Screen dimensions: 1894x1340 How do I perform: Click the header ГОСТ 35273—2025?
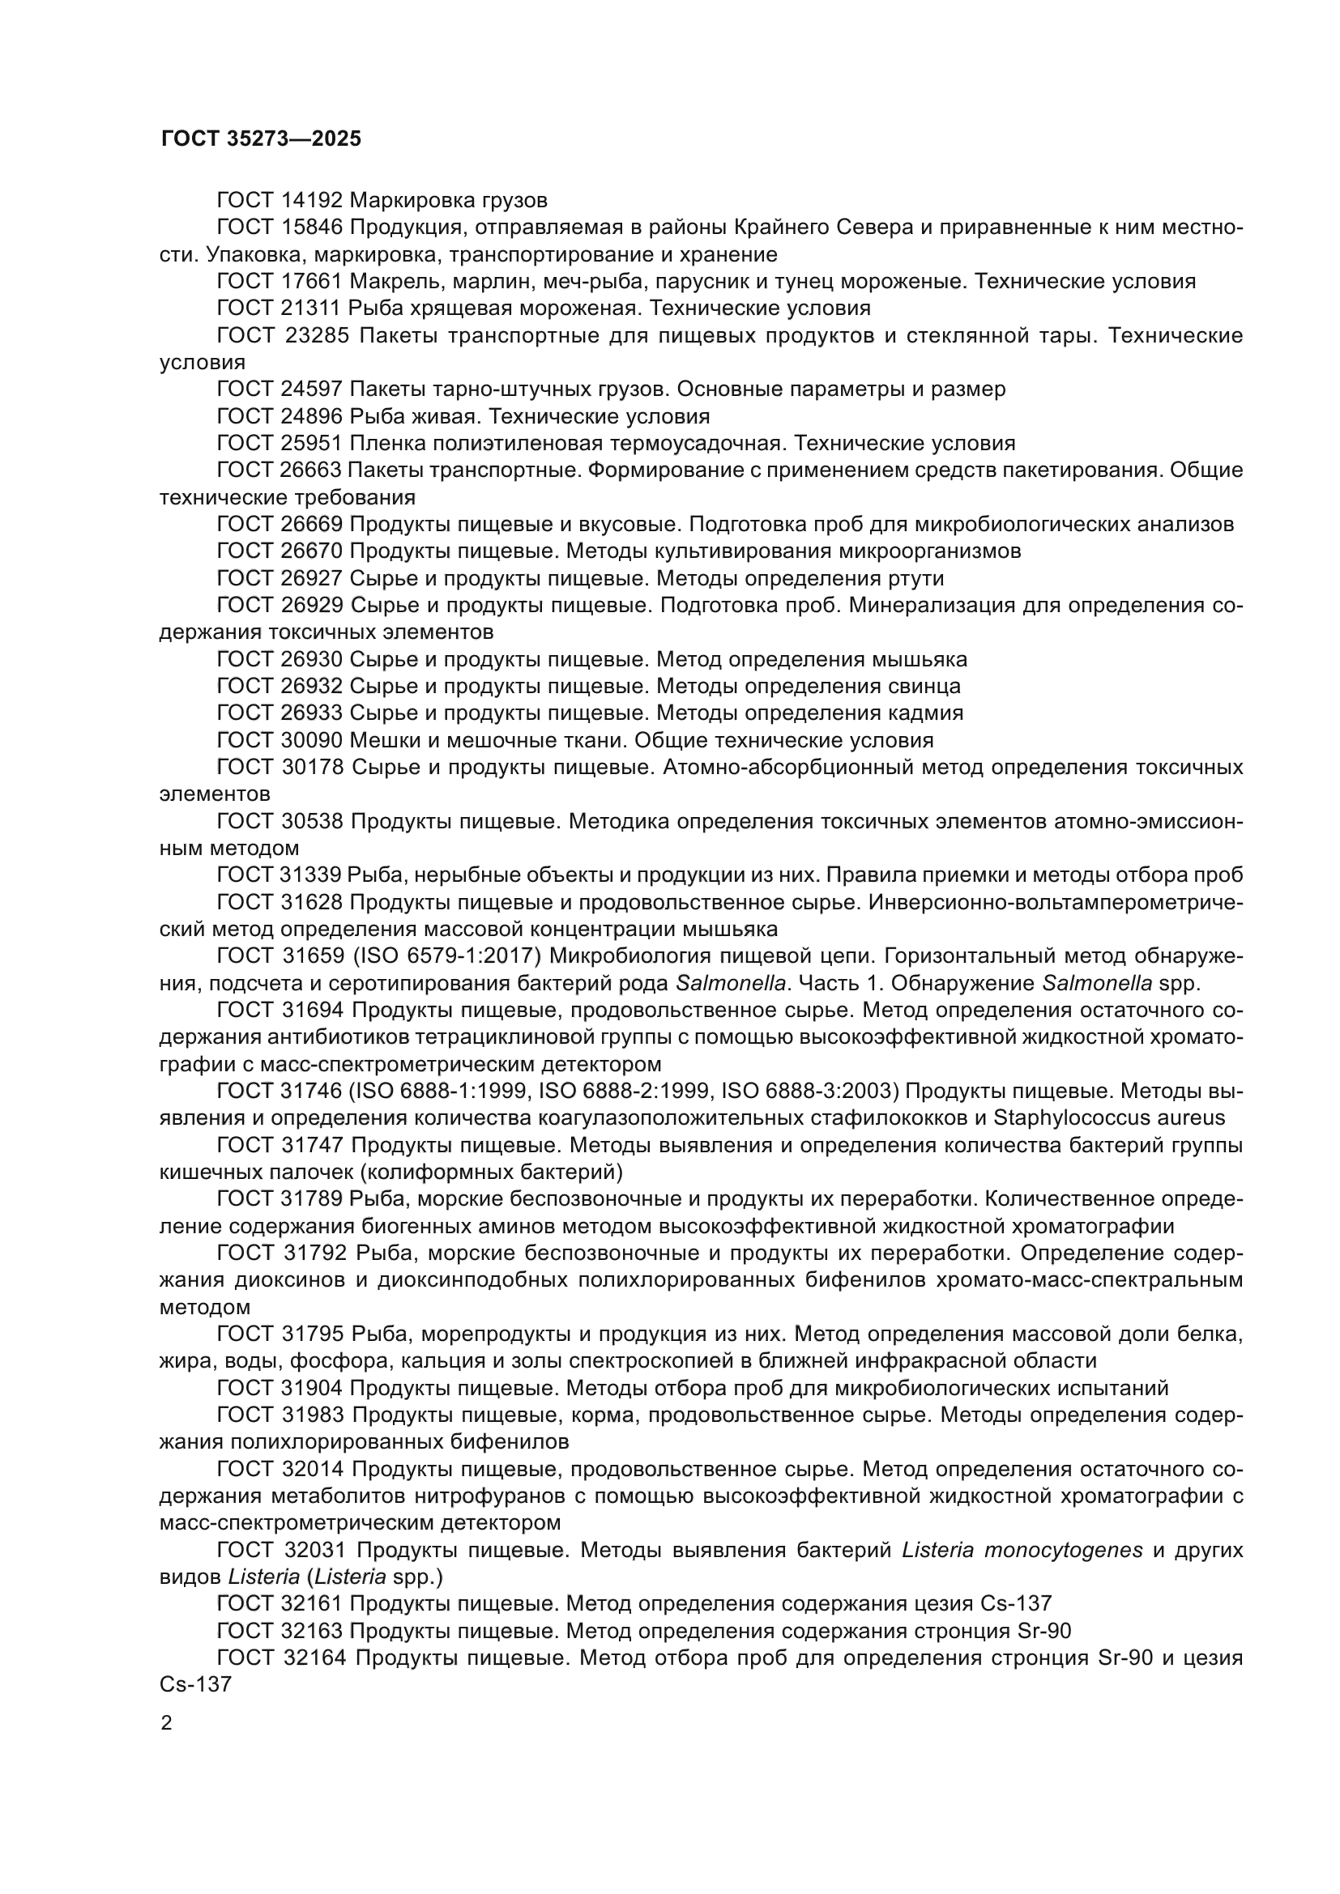point(261,138)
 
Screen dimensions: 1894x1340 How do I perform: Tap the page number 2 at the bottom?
point(167,1723)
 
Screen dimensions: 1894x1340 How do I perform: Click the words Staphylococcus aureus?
point(1109,1118)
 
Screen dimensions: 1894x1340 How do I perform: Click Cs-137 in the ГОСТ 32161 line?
point(1016,1603)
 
